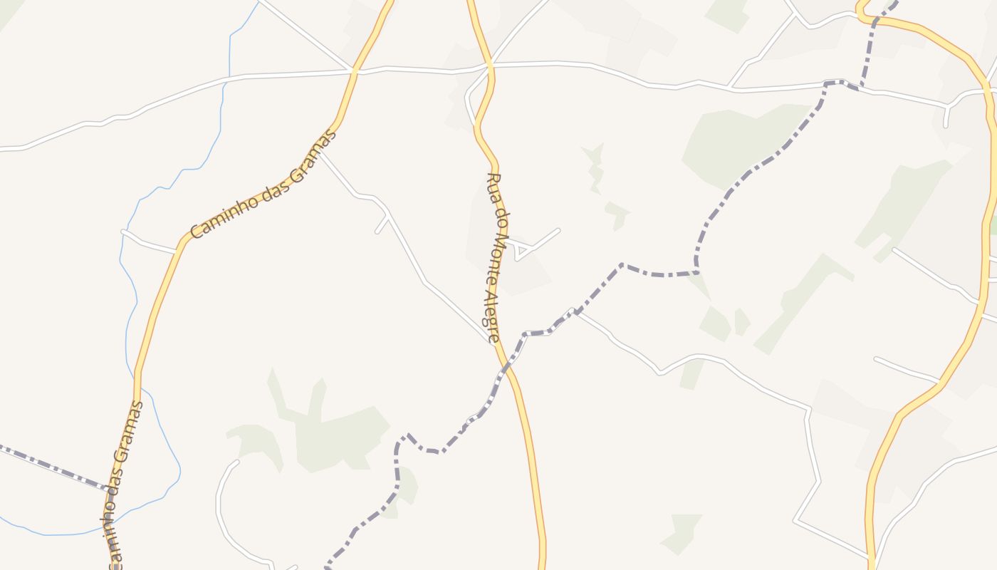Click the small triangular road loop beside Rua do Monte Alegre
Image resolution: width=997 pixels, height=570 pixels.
522,251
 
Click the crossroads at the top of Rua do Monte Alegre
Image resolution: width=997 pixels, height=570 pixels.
490,66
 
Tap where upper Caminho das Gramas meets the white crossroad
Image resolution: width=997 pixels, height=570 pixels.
353,71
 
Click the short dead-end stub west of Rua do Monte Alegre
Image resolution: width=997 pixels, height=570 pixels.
382,225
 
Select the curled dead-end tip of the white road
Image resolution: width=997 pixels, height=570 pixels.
235,463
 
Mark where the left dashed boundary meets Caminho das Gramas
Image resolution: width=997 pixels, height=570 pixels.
111,490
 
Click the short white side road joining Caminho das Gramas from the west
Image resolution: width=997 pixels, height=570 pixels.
150,243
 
